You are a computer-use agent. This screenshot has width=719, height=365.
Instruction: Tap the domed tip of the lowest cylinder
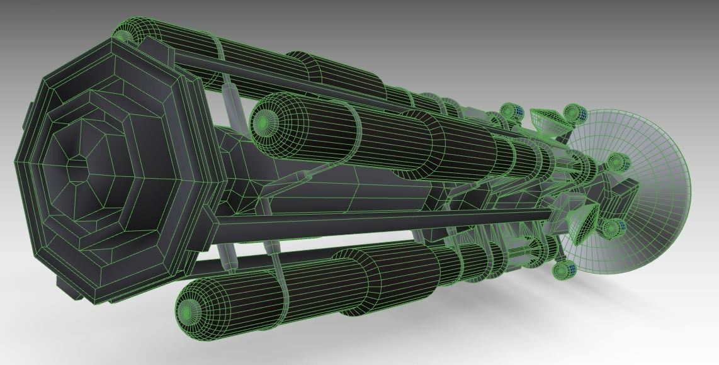tap(188, 311)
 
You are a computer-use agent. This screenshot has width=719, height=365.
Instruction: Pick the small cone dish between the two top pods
tap(545, 120)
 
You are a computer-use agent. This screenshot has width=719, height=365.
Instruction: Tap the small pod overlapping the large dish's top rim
tap(574, 114)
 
